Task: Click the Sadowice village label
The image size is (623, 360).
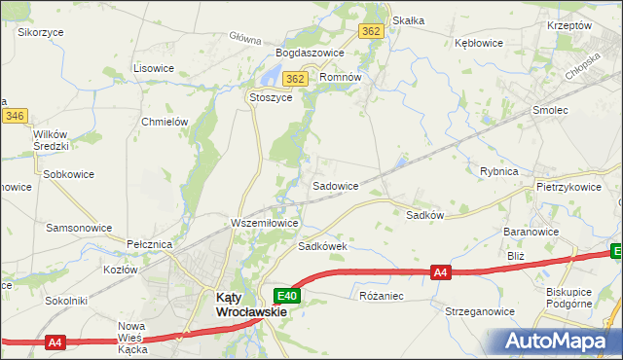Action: [x=335, y=185]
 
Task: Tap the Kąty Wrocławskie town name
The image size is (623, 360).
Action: [x=250, y=306]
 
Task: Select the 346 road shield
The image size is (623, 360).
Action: [x=14, y=116]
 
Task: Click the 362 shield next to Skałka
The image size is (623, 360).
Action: [x=371, y=31]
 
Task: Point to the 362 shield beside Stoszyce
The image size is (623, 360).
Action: [x=296, y=79]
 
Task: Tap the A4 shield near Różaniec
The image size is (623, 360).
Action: [x=441, y=273]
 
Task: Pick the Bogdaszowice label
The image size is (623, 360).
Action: [x=311, y=53]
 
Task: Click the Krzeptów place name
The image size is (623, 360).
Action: [x=569, y=25]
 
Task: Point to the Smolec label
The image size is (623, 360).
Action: [x=550, y=111]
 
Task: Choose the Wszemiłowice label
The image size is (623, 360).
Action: [x=264, y=223]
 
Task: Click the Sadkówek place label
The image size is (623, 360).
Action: [x=323, y=246]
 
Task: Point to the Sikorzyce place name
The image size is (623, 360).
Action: [x=41, y=32]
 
